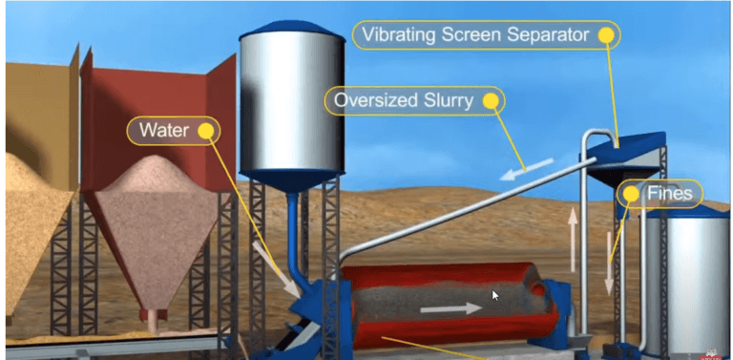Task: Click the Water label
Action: (x=164, y=130)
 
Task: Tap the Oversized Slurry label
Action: (x=405, y=100)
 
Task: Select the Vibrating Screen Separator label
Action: (x=477, y=35)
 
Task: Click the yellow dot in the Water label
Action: (x=204, y=131)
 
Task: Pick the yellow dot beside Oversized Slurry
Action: (x=491, y=100)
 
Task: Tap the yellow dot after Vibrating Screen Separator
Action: (x=605, y=35)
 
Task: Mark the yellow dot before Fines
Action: (x=631, y=194)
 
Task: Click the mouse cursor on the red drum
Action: (x=495, y=296)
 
